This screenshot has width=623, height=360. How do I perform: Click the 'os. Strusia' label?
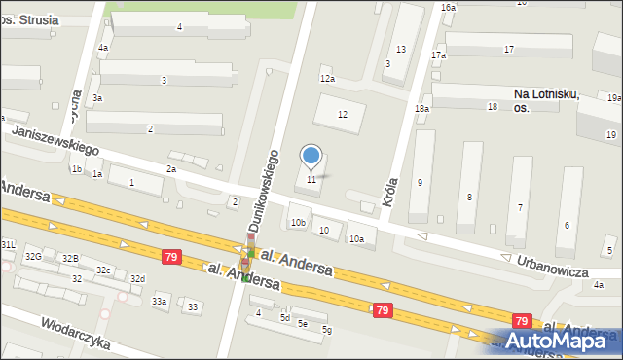pyautogui.click(x=29, y=19)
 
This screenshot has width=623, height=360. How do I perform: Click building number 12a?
pyautogui.click(x=327, y=79)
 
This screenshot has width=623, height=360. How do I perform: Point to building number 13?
pyautogui.click(x=400, y=50)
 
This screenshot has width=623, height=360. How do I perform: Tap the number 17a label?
pyautogui.click(x=438, y=55)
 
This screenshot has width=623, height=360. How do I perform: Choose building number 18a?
pyautogui.click(x=421, y=109)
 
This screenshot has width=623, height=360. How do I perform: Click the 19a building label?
pyautogui.click(x=613, y=98)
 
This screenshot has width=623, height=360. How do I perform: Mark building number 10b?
pyautogui.click(x=298, y=223)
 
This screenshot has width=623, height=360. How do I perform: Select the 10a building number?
pyautogui.click(x=357, y=239)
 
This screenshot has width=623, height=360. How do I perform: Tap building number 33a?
pyautogui.click(x=159, y=302)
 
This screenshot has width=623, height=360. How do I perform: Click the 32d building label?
pyautogui.click(x=137, y=279)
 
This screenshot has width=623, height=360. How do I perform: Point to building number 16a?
pyautogui.click(x=448, y=7)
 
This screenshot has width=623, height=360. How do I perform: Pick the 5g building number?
pyautogui.click(x=327, y=331)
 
